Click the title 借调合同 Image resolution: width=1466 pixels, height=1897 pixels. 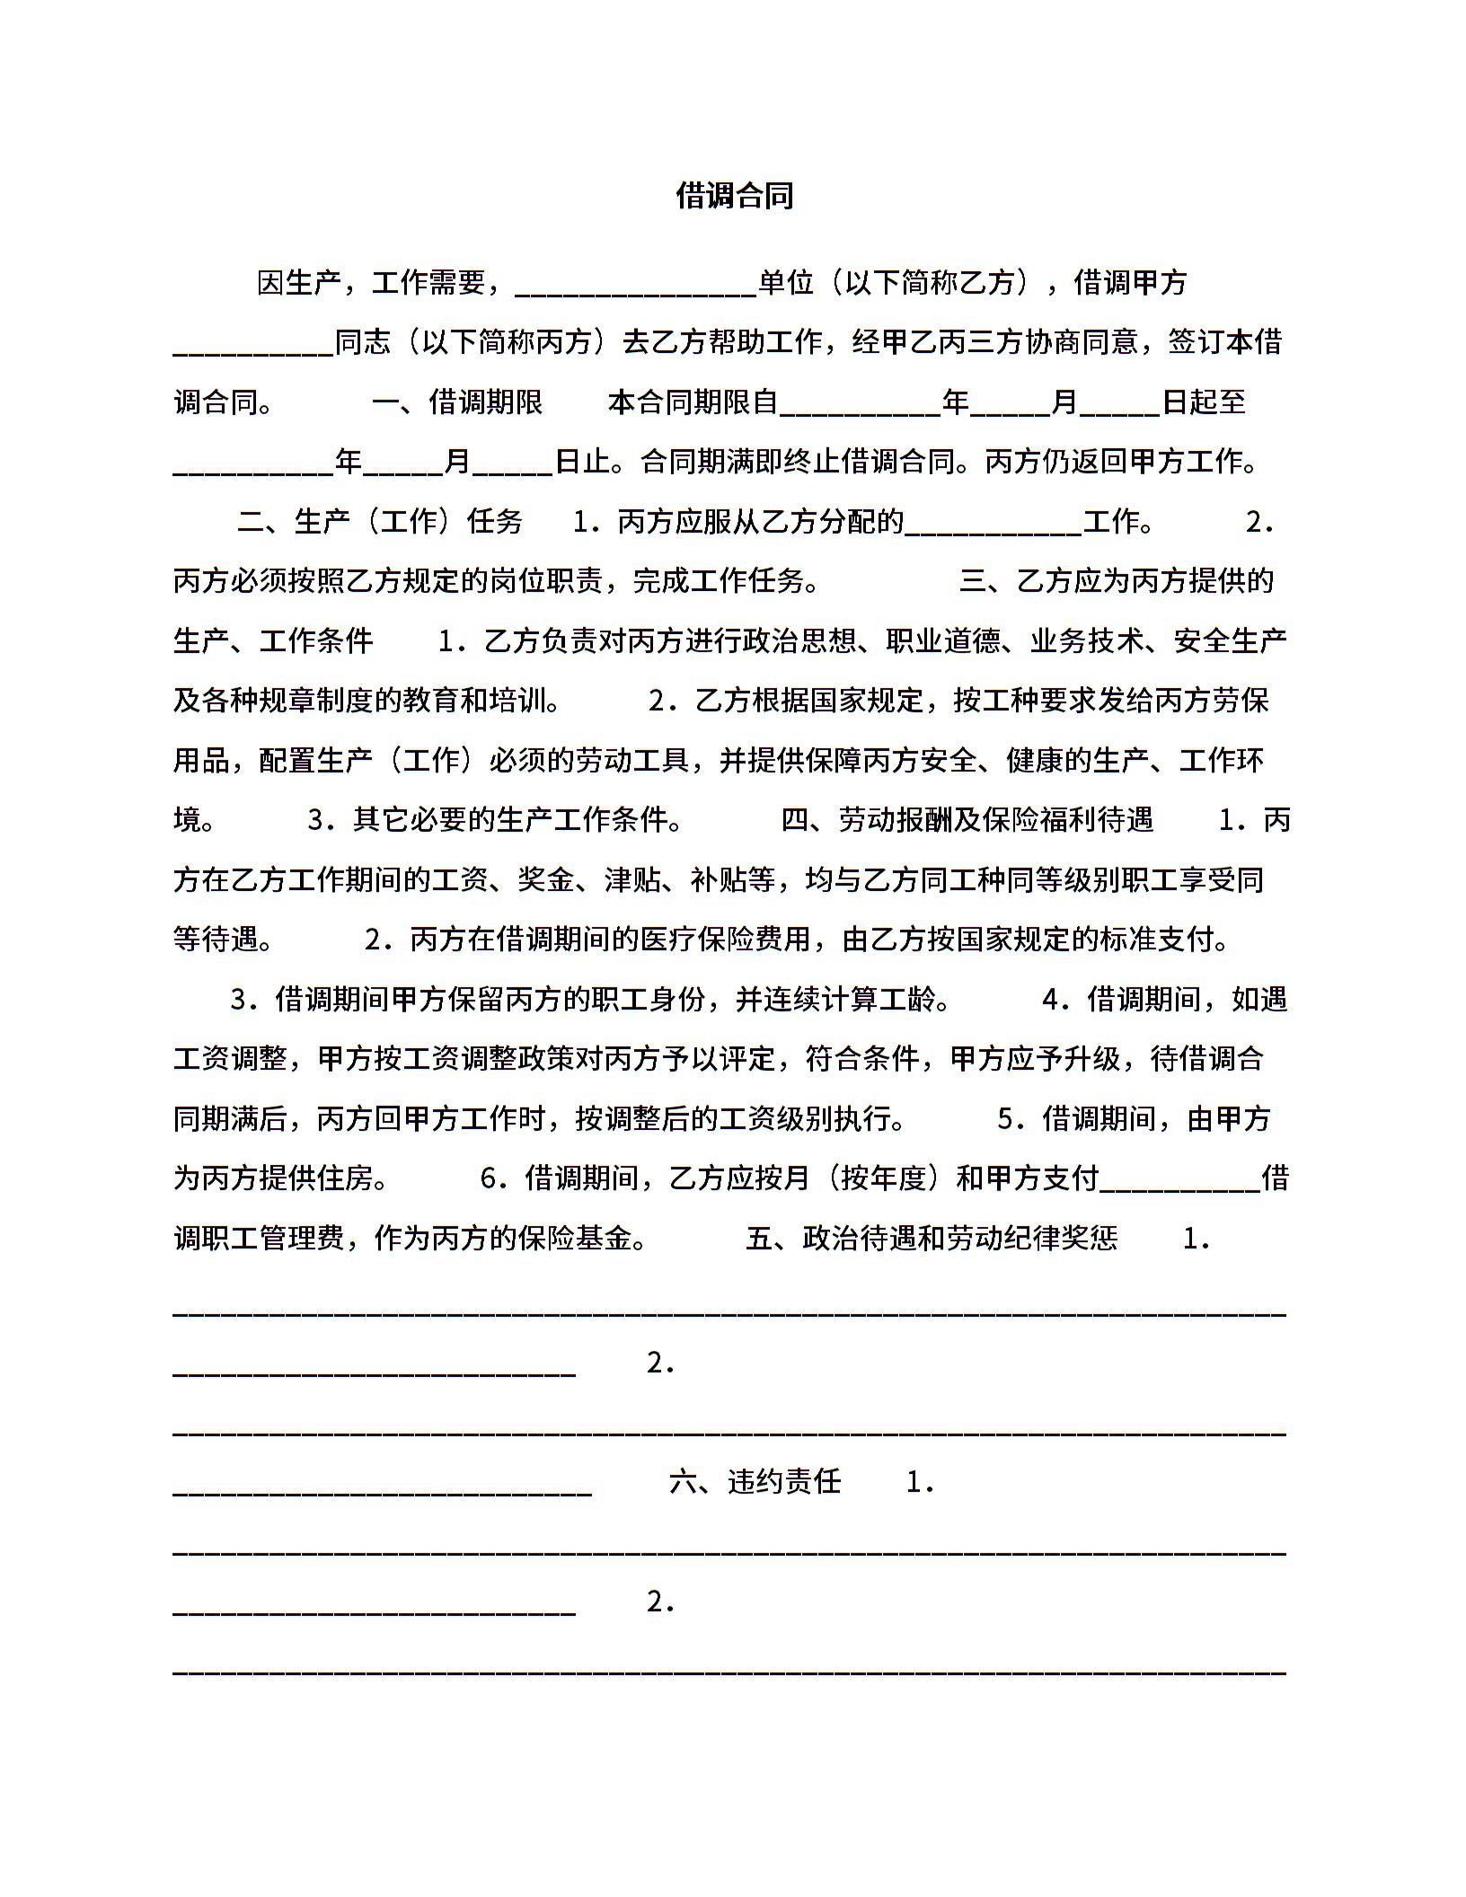tap(734, 195)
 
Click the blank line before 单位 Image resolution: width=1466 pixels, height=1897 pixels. tap(636, 287)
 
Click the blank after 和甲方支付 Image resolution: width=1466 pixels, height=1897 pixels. tap(1180, 1182)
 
